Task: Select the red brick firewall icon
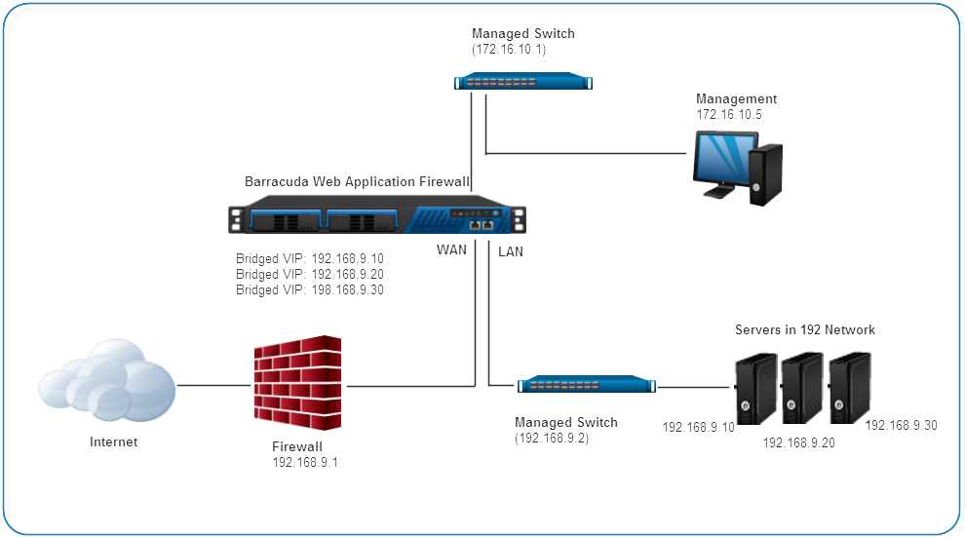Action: (x=298, y=384)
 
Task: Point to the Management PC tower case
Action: (x=766, y=173)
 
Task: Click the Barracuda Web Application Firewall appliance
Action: (x=377, y=212)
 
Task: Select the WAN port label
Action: (x=451, y=249)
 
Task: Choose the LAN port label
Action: (x=511, y=250)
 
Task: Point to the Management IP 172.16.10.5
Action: (x=728, y=114)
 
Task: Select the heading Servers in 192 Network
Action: (x=804, y=329)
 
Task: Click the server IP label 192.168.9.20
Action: (x=798, y=442)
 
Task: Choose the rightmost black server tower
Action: (x=849, y=384)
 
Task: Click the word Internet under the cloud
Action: (x=114, y=441)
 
